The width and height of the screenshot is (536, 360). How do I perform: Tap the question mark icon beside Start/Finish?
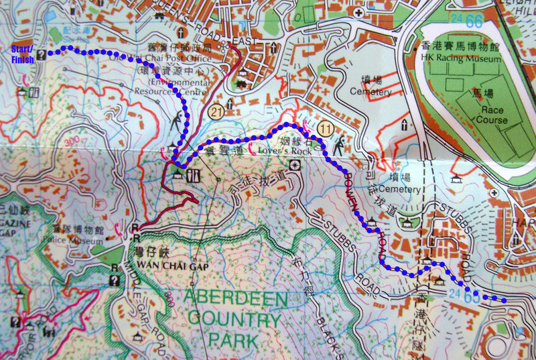(x=42, y=55)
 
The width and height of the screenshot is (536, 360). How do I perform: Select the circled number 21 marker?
(x=215, y=110)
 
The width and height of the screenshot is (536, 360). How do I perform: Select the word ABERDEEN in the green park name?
(x=227, y=296)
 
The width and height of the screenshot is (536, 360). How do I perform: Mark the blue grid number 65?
(x=473, y=297)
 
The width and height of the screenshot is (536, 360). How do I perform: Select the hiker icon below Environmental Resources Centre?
(x=176, y=123)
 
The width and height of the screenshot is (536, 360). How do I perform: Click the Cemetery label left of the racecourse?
(x=370, y=92)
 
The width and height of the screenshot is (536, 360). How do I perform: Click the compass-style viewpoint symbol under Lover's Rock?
(x=295, y=165)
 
